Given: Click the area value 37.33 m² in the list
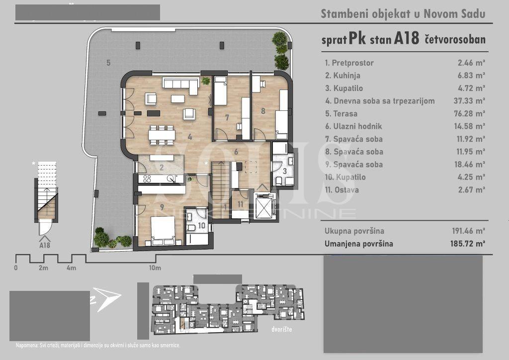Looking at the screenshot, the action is coord(469,101).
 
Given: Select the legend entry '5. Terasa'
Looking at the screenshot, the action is coord(341,113).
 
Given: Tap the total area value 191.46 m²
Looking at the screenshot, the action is coord(469,231).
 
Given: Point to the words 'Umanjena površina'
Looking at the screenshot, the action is coord(359,244).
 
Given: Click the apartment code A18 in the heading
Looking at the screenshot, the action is coord(407,39).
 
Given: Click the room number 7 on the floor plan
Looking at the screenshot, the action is coord(227,117).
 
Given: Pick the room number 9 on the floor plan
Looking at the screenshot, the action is coord(162,207).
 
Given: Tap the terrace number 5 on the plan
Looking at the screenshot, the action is coord(108,63).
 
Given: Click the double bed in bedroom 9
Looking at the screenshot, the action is coord(163,231).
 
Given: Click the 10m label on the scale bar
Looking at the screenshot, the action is coord(155,268).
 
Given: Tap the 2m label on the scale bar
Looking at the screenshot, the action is coord(44,268).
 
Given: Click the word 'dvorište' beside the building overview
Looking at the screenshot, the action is coord(282,329).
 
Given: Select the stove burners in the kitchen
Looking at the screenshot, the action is coord(147,179).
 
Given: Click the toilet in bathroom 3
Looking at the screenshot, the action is coord(279,180).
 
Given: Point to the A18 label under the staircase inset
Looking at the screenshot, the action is coord(45,246).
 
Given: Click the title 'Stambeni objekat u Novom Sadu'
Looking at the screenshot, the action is coord(403,14).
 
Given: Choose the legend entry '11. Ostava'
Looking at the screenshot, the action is coord(342,190).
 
